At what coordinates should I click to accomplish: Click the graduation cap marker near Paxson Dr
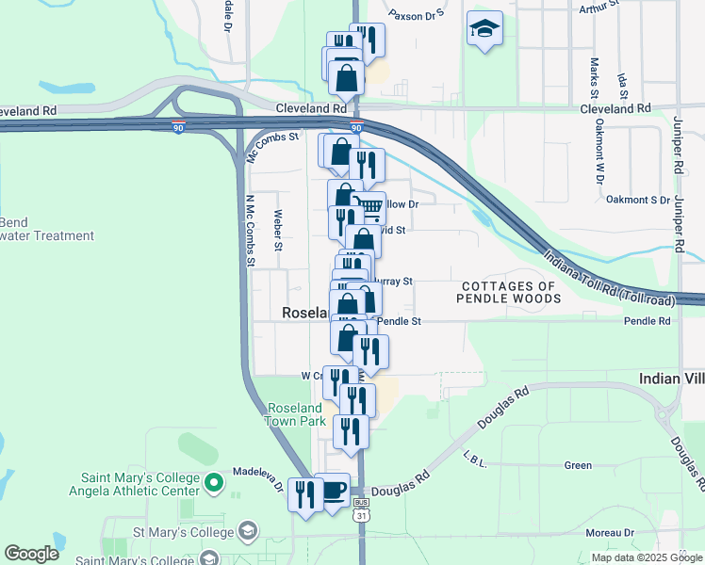coord(484,28)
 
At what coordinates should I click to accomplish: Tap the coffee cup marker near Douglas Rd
coord(332,490)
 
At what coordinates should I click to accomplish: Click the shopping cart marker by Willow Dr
coord(371,207)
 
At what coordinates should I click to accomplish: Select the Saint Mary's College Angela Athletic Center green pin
coord(214,484)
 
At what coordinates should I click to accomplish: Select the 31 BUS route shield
coord(362,509)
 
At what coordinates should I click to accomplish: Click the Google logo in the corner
coord(31,553)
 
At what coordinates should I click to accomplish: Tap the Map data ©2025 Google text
coord(647,557)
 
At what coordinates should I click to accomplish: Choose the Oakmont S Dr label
coord(637,200)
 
